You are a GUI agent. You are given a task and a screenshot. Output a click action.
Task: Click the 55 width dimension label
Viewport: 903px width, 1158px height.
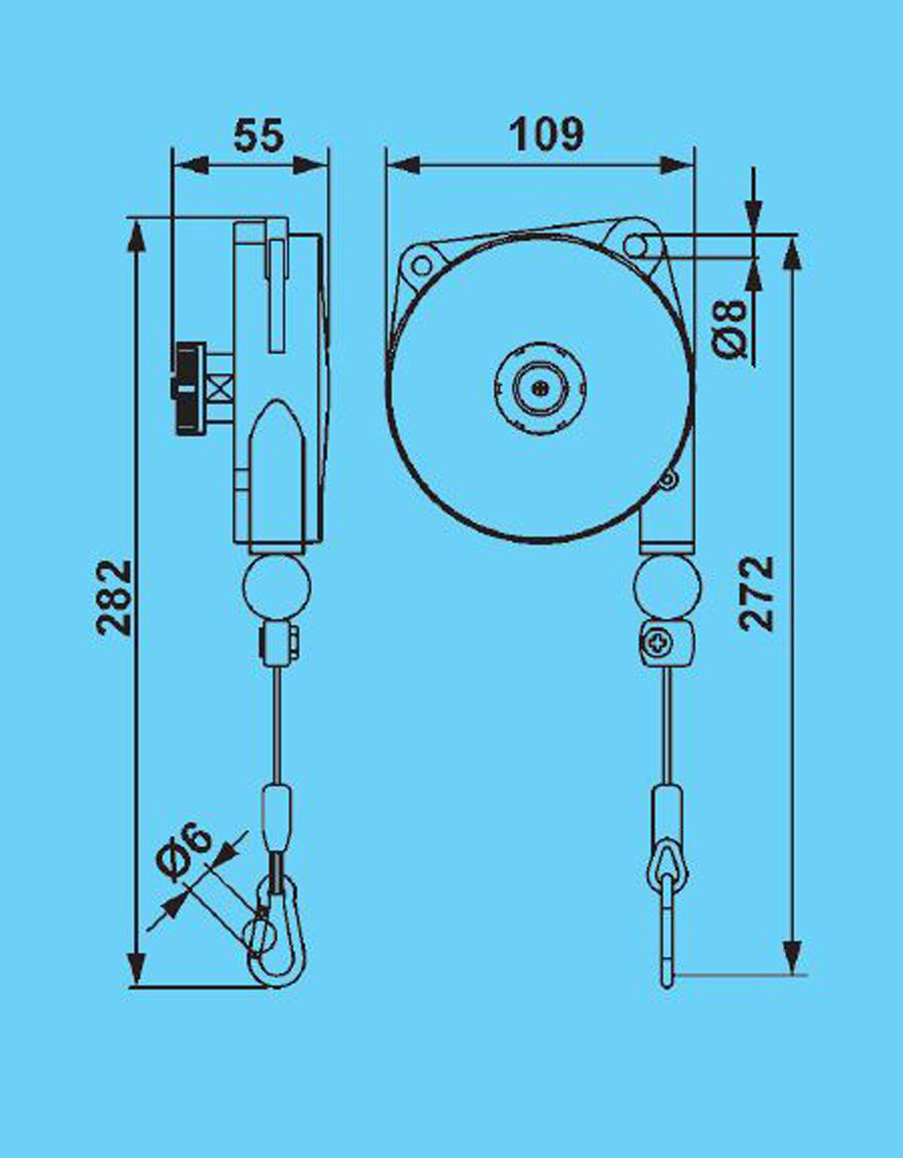(259, 135)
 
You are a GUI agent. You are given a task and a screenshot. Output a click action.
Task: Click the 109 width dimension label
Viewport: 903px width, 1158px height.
(547, 135)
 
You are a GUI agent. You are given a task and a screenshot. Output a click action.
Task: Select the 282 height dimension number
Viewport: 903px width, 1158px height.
(116, 597)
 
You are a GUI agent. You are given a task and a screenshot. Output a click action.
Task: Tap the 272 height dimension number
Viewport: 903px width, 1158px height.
(757, 593)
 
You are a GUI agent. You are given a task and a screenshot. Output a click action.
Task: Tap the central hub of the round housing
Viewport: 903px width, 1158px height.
(540, 387)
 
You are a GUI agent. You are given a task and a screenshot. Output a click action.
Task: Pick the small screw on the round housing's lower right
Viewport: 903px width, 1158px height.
(668, 479)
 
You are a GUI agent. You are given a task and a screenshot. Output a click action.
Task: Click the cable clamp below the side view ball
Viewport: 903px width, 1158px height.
(280, 645)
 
